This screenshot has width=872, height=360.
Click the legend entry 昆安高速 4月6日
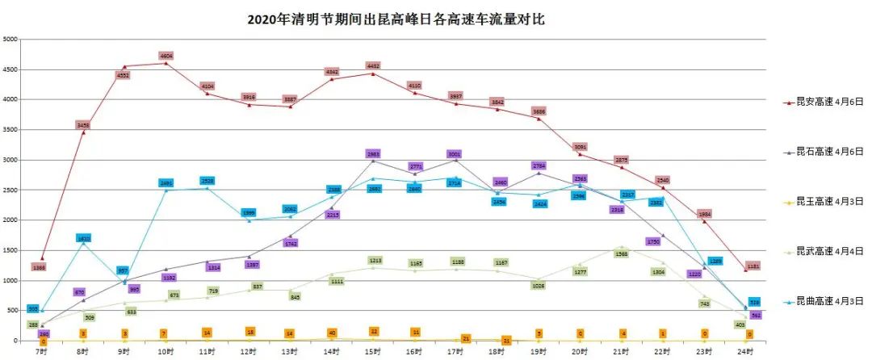(x=824, y=103)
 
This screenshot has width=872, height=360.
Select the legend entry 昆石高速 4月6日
(x=824, y=152)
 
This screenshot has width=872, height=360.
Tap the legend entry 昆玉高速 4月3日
(x=824, y=201)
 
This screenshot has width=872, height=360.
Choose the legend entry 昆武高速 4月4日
(x=824, y=251)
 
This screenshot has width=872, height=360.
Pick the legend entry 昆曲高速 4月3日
(x=824, y=301)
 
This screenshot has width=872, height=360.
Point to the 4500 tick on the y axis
(x=10, y=69)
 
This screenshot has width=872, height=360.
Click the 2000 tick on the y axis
(x=10, y=220)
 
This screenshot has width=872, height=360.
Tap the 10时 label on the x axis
(x=165, y=353)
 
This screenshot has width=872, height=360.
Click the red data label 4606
(x=166, y=56)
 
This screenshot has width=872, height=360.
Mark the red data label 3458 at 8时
(x=83, y=125)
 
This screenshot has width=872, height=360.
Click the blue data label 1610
(x=83, y=238)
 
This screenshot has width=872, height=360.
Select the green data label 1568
(x=622, y=254)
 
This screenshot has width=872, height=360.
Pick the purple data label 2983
(x=373, y=153)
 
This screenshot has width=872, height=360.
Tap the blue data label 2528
(x=208, y=181)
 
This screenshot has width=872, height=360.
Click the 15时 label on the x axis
(x=373, y=353)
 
